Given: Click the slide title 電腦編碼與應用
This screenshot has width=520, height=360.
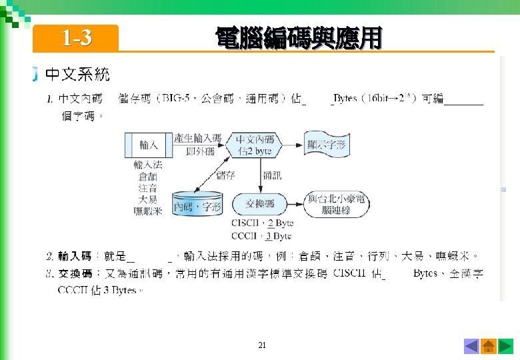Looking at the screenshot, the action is (x=298, y=38).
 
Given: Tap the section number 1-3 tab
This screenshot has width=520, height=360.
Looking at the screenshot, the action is (x=76, y=39).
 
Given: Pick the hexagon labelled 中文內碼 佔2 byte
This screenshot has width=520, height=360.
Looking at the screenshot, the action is (x=255, y=145).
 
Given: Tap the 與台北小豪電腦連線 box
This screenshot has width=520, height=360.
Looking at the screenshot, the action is (x=337, y=205).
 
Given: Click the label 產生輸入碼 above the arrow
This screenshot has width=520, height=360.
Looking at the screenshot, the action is (x=197, y=139).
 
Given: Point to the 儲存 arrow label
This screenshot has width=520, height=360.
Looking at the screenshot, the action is (x=226, y=175).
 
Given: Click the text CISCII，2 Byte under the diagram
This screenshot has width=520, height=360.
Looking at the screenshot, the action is (x=262, y=224).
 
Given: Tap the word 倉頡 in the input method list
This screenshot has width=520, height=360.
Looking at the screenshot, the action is (x=148, y=177).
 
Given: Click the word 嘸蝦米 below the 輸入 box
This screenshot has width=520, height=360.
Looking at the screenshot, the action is (x=148, y=211).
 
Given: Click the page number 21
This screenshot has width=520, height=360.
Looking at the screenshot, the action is (x=261, y=345).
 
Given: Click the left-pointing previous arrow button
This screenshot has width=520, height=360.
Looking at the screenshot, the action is (x=471, y=346).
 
